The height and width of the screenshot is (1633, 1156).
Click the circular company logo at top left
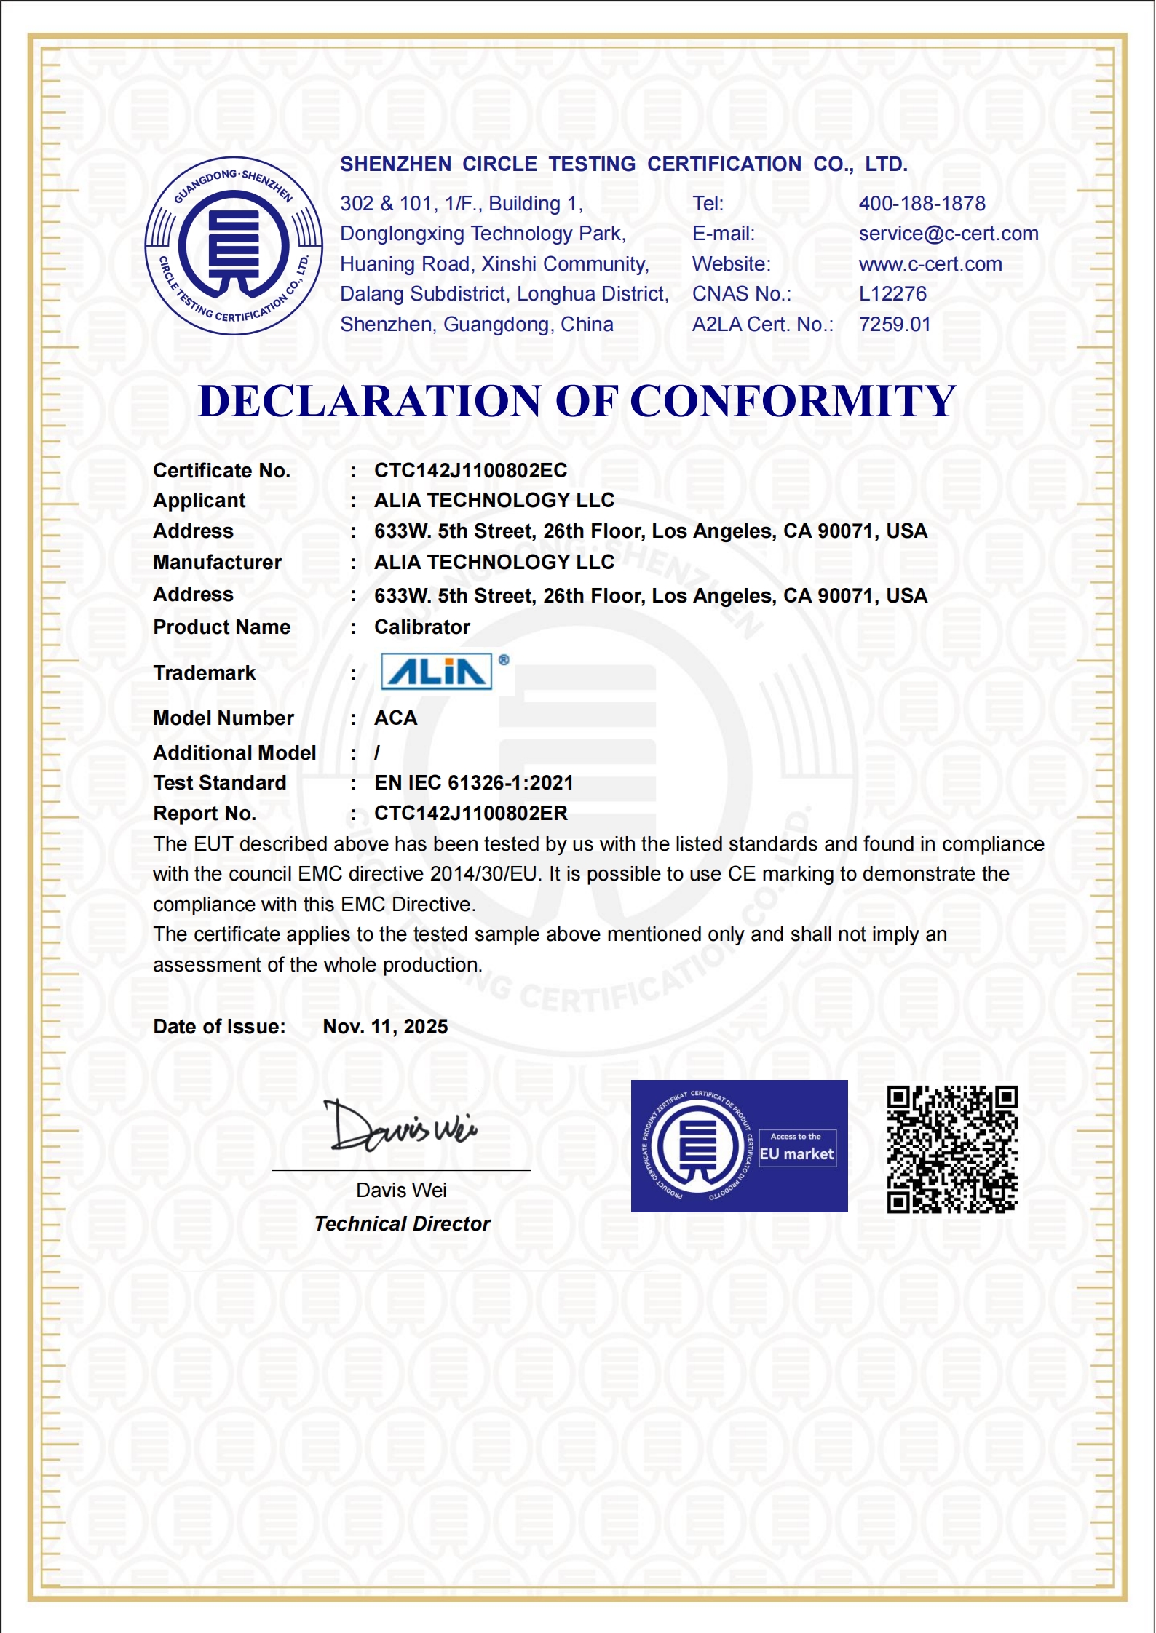(x=234, y=246)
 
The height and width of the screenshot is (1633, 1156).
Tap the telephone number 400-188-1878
(x=922, y=204)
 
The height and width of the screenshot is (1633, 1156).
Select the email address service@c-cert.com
(x=948, y=234)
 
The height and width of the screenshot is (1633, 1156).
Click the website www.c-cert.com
(x=930, y=264)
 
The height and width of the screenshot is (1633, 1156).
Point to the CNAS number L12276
(x=892, y=294)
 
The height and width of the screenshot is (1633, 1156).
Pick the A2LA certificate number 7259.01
(x=895, y=325)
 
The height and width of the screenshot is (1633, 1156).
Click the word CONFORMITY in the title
(x=792, y=401)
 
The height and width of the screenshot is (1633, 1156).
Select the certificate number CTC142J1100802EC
(x=470, y=471)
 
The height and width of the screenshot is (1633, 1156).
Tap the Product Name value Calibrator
(x=422, y=627)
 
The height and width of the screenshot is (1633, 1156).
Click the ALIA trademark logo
(x=437, y=671)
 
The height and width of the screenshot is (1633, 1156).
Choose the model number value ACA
(x=395, y=718)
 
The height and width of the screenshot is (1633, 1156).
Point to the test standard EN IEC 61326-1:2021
(x=473, y=783)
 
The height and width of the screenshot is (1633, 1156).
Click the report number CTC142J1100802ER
(x=470, y=814)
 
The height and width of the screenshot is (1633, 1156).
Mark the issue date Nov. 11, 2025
(x=385, y=1027)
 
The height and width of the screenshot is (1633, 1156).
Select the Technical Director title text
(x=402, y=1224)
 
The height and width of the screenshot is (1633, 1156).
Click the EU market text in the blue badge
(x=796, y=1154)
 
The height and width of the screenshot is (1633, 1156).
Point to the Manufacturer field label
(x=217, y=563)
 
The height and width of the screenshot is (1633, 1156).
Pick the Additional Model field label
(x=234, y=753)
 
